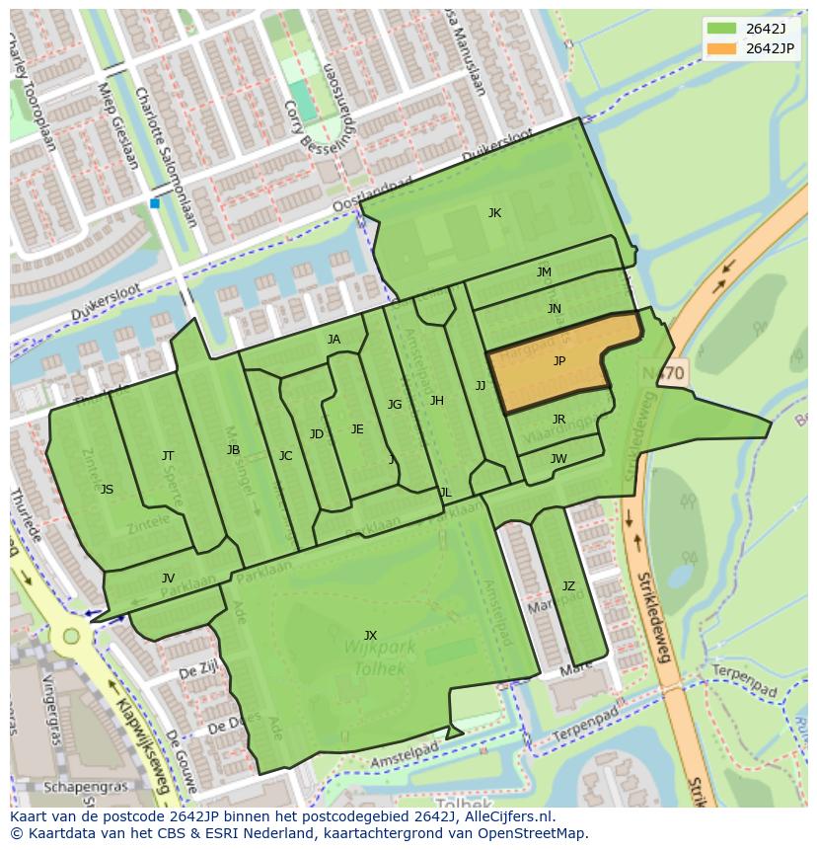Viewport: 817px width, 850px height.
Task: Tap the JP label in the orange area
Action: pyautogui.click(x=558, y=361)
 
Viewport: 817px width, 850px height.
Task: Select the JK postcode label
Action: pyautogui.click(x=494, y=213)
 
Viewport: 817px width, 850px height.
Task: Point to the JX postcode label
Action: pyautogui.click(x=370, y=635)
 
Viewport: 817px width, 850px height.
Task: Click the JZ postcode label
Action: pyautogui.click(x=568, y=586)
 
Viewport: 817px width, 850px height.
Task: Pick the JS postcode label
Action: pyautogui.click(x=107, y=490)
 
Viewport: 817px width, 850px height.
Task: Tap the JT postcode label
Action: pyautogui.click(x=168, y=455)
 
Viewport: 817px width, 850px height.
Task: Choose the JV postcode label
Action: pyautogui.click(x=168, y=579)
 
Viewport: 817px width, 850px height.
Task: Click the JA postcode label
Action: pyautogui.click(x=334, y=340)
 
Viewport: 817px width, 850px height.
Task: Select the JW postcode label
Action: pyautogui.click(x=558, y=459)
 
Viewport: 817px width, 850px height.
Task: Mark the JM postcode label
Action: pyautogui.click(x=544, y=272)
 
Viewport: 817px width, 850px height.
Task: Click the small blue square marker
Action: pyautogui.click(x=155, y=203)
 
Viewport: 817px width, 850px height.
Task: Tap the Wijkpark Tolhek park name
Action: pyautogui.click(x=380, y=657)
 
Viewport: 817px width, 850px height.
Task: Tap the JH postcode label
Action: pyautogui.click(x=436, y=401)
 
